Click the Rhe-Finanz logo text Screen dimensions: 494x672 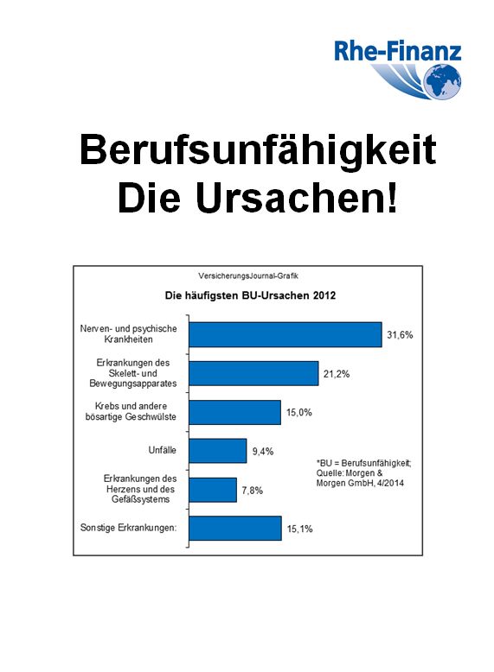(x=397, y=51)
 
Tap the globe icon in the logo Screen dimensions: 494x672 (x=442, y=81)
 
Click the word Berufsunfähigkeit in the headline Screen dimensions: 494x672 (x=258, y=150)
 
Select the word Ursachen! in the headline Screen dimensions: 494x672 (x=297, y=199)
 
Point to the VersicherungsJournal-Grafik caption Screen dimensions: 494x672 (x=248, y=276)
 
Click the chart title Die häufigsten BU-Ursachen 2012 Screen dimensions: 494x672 (x=250, y=295)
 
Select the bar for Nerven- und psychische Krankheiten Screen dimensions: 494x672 (x=285, y=334)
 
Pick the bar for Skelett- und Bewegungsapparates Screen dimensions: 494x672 (x=253, y=373)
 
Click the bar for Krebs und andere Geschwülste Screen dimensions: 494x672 (x=234, y=412)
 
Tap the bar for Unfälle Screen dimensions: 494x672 (x=218, y=451)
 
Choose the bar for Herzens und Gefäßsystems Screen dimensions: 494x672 (x=213, y=490)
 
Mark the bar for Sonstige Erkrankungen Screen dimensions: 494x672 (x=235, y=529)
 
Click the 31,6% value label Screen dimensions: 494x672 (x=400, y=335)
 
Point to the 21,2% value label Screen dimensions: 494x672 (x=337, y=374)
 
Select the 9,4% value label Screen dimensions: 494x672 (x=263, y=451)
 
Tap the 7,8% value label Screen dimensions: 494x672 (x=253, y=491)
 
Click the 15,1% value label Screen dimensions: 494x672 (x=299, y=529)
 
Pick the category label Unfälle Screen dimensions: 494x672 (x=163, y=450)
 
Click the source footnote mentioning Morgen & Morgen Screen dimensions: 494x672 (x=363, y=473)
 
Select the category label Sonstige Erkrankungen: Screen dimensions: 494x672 (x=128, y=528)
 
